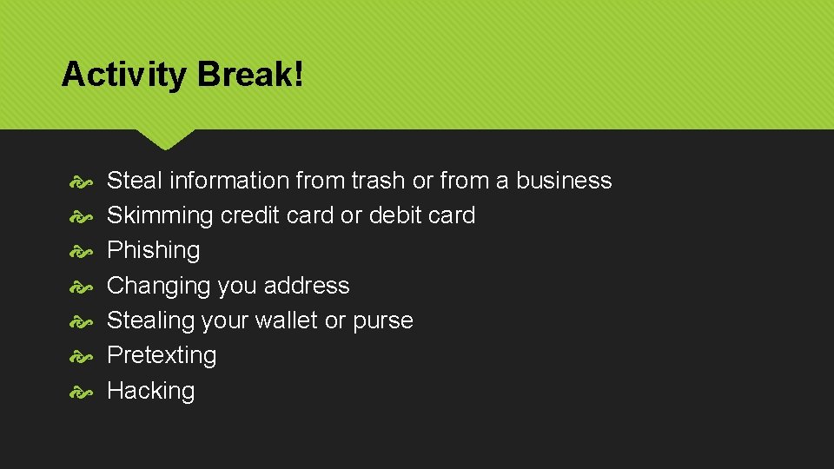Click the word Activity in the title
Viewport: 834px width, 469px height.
[x=123, y=76]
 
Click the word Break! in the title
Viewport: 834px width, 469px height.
[x=251, y=75]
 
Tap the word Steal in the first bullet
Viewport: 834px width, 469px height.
[x=134, y=181]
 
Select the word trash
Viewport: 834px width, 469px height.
[x=378, y=181]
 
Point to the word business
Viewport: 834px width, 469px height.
[x=564, y=181]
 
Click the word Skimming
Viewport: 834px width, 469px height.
[x=160, y=216]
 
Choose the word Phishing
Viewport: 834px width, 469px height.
[x=153, y=251]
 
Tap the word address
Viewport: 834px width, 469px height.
[x=306, y=286]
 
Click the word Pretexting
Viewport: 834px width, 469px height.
[x=162, y=355]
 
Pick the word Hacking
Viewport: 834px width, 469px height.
[x=150, y=391]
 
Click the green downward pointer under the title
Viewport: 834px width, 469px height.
[x=165, y=139]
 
